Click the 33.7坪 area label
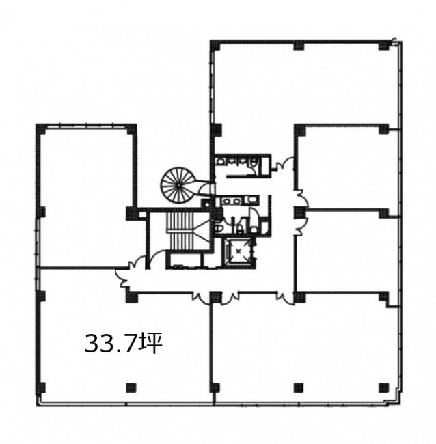[x=124, y=344]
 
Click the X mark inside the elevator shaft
[x=239, y=250]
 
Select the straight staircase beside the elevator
[x=180, y=231]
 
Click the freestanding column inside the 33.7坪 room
[x=131, y=388]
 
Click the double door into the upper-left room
[x=139, y=262]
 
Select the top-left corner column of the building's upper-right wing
[x=215, y=45]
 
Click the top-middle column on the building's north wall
[x=299, y=45]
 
